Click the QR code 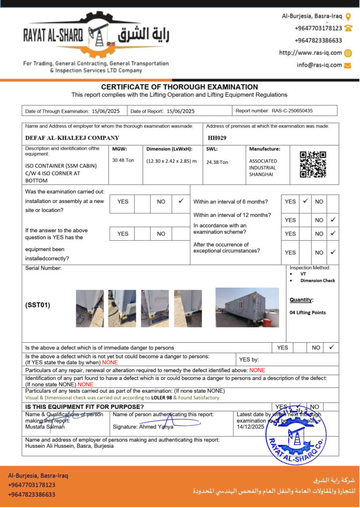tap(313, 165)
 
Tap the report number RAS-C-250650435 tap(292, 111)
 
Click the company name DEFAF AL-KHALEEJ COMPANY tap(72, 138)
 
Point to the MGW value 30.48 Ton tap(123, 160)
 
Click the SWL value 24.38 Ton tap(217, 162)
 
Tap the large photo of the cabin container tap(247, 308)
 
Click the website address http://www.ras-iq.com tap(310, 53)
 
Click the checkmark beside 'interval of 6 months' tap(305, 201)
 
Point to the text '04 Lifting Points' tap(307, 313)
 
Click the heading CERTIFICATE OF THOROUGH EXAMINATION tap(179, 87)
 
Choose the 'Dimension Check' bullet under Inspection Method tap(317, 281)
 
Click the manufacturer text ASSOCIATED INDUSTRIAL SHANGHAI tap(263, 168)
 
